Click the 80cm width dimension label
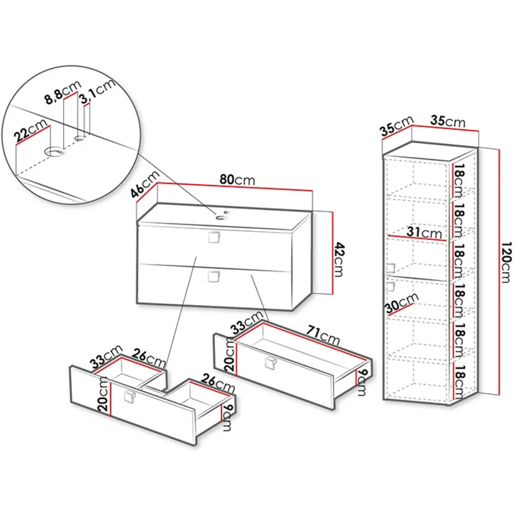237,180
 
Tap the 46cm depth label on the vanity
145,184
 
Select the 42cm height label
340,260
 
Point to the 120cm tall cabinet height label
506,262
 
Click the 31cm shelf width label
424,232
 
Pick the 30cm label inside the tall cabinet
402,303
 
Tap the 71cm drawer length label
323,335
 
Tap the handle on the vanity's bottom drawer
214,276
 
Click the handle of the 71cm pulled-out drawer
271,363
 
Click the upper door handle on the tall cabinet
391,268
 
